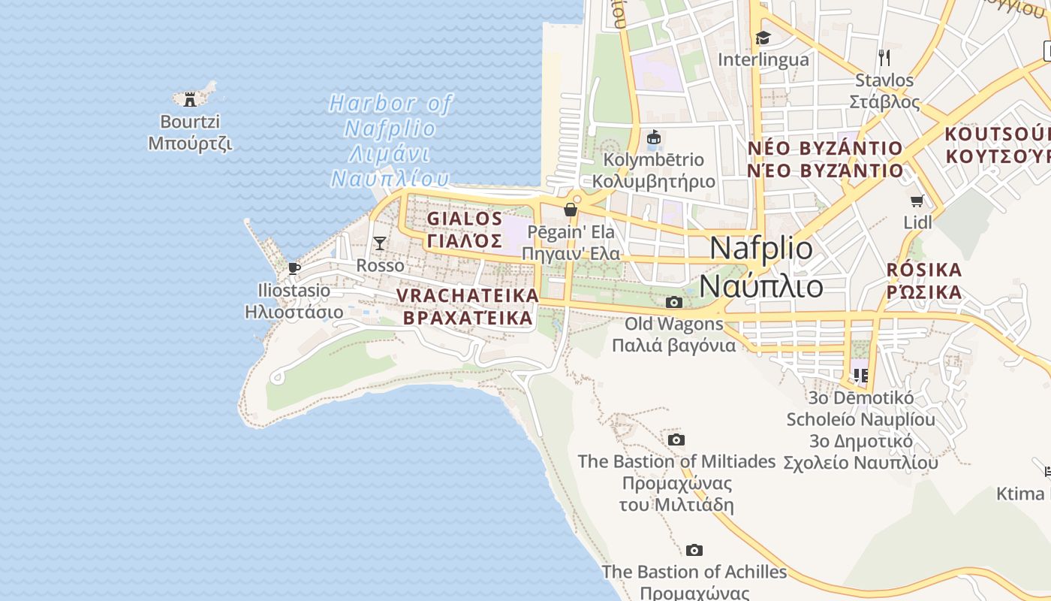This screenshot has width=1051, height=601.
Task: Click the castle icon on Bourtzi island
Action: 190,98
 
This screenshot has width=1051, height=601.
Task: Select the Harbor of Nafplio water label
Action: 390,141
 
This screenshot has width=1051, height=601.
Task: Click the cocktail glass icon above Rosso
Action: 380,243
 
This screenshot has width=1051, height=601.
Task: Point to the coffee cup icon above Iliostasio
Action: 294,268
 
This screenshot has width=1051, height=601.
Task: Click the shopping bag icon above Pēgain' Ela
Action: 571,209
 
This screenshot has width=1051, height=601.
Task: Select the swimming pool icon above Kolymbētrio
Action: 654,137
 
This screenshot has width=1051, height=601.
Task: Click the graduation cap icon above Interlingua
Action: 763,38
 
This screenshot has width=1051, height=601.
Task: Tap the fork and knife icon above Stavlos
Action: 884,57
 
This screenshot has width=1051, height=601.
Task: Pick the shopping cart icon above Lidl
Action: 917,201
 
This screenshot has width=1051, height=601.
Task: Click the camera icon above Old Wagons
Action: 674,302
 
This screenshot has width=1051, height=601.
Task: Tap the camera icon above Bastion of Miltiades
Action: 676,439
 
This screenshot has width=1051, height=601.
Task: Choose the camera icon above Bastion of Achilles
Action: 694,551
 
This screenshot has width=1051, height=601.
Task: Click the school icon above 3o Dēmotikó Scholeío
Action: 860,374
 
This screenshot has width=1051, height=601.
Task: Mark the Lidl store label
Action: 917,222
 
